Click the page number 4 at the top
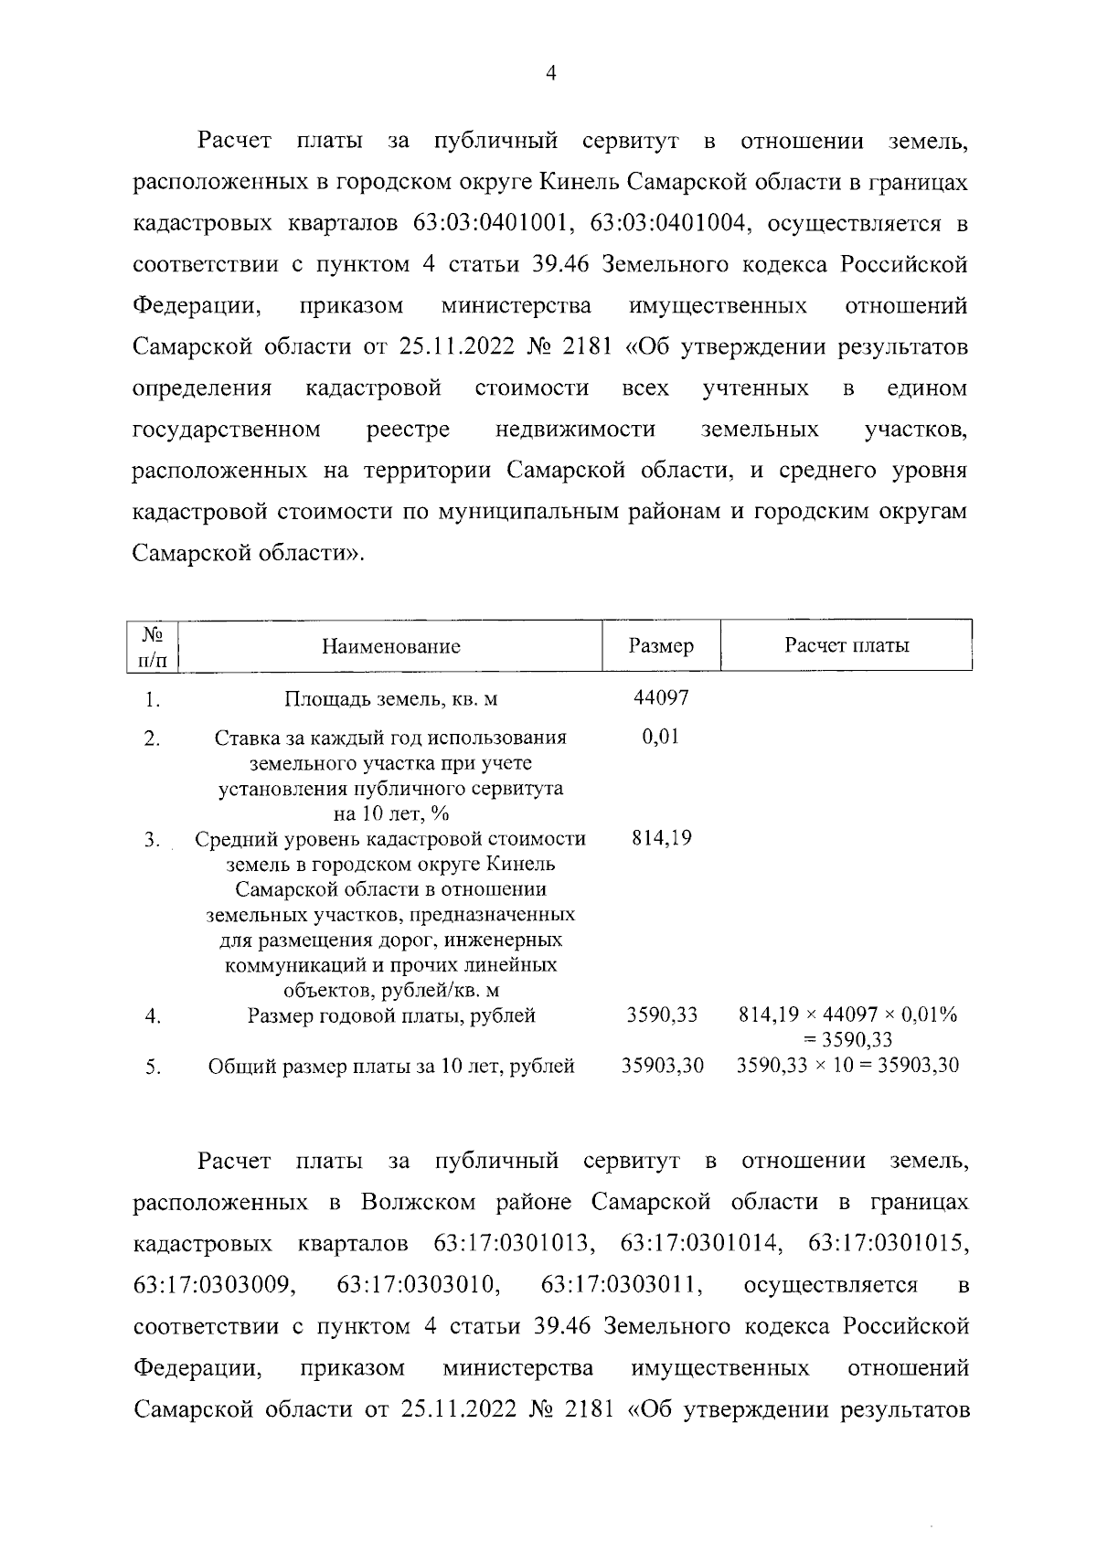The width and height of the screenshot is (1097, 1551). pyautogui.click(x=550, y=75)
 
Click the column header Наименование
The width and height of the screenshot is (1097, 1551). pyautogui.click(x=390, y=647)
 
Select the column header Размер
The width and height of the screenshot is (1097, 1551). pyautogui.click(x=661, y=646)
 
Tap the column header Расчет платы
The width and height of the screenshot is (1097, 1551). pyautogui.click(x=847, y=645)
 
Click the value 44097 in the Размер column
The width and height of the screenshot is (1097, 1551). pyautogui.click(x=661, y=697)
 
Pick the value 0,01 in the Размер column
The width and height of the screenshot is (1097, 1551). pyautogui.click(x=661, y=737)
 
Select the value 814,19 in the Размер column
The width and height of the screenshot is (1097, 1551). pyautogui.click(x=661, y=838)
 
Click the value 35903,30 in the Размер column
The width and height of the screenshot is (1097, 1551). pyautogui.click(x=663, y=1065)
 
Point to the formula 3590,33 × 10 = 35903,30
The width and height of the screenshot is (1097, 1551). pyautogui.click(x=847, y=1065)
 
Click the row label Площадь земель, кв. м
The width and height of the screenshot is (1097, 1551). pyautogui.click(x=390, y=699)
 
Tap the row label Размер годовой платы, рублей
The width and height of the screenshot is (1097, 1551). pyautogui.click(x=390, y=1015)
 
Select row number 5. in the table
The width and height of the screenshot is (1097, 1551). pyautogui.click(x=153, y=1066)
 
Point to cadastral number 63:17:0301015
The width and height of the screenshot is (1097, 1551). pyautogui.click(x=888, y=1245)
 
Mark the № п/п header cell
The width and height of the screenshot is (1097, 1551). pyautogui.click(x=153, y=646)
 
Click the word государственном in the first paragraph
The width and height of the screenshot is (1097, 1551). pyautogui.click(x=227, y=430)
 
